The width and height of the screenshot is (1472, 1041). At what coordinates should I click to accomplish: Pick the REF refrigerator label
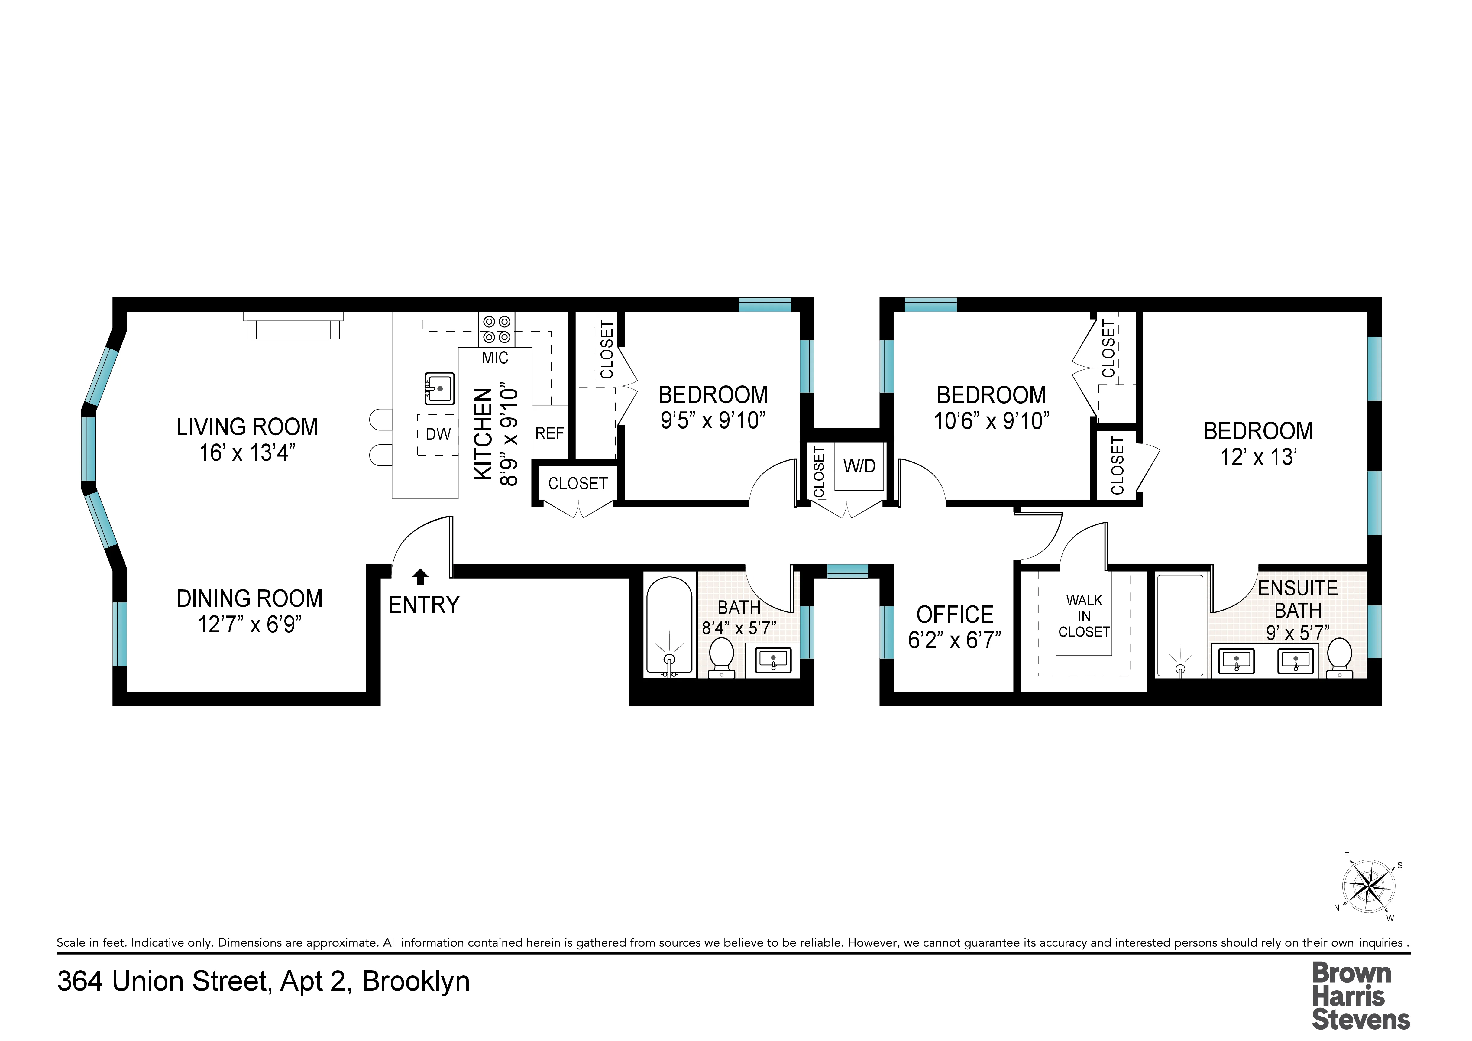pyautogui.click(x=549, y=433)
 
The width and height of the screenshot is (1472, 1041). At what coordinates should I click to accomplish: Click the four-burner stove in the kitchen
pyautogui.click(x=496, y=330)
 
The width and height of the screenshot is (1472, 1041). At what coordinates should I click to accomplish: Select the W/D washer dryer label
pyautogui.click(x=859, y=466)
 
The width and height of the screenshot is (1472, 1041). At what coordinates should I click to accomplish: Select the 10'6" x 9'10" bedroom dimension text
pyautogui.click(x=991, y=421)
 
